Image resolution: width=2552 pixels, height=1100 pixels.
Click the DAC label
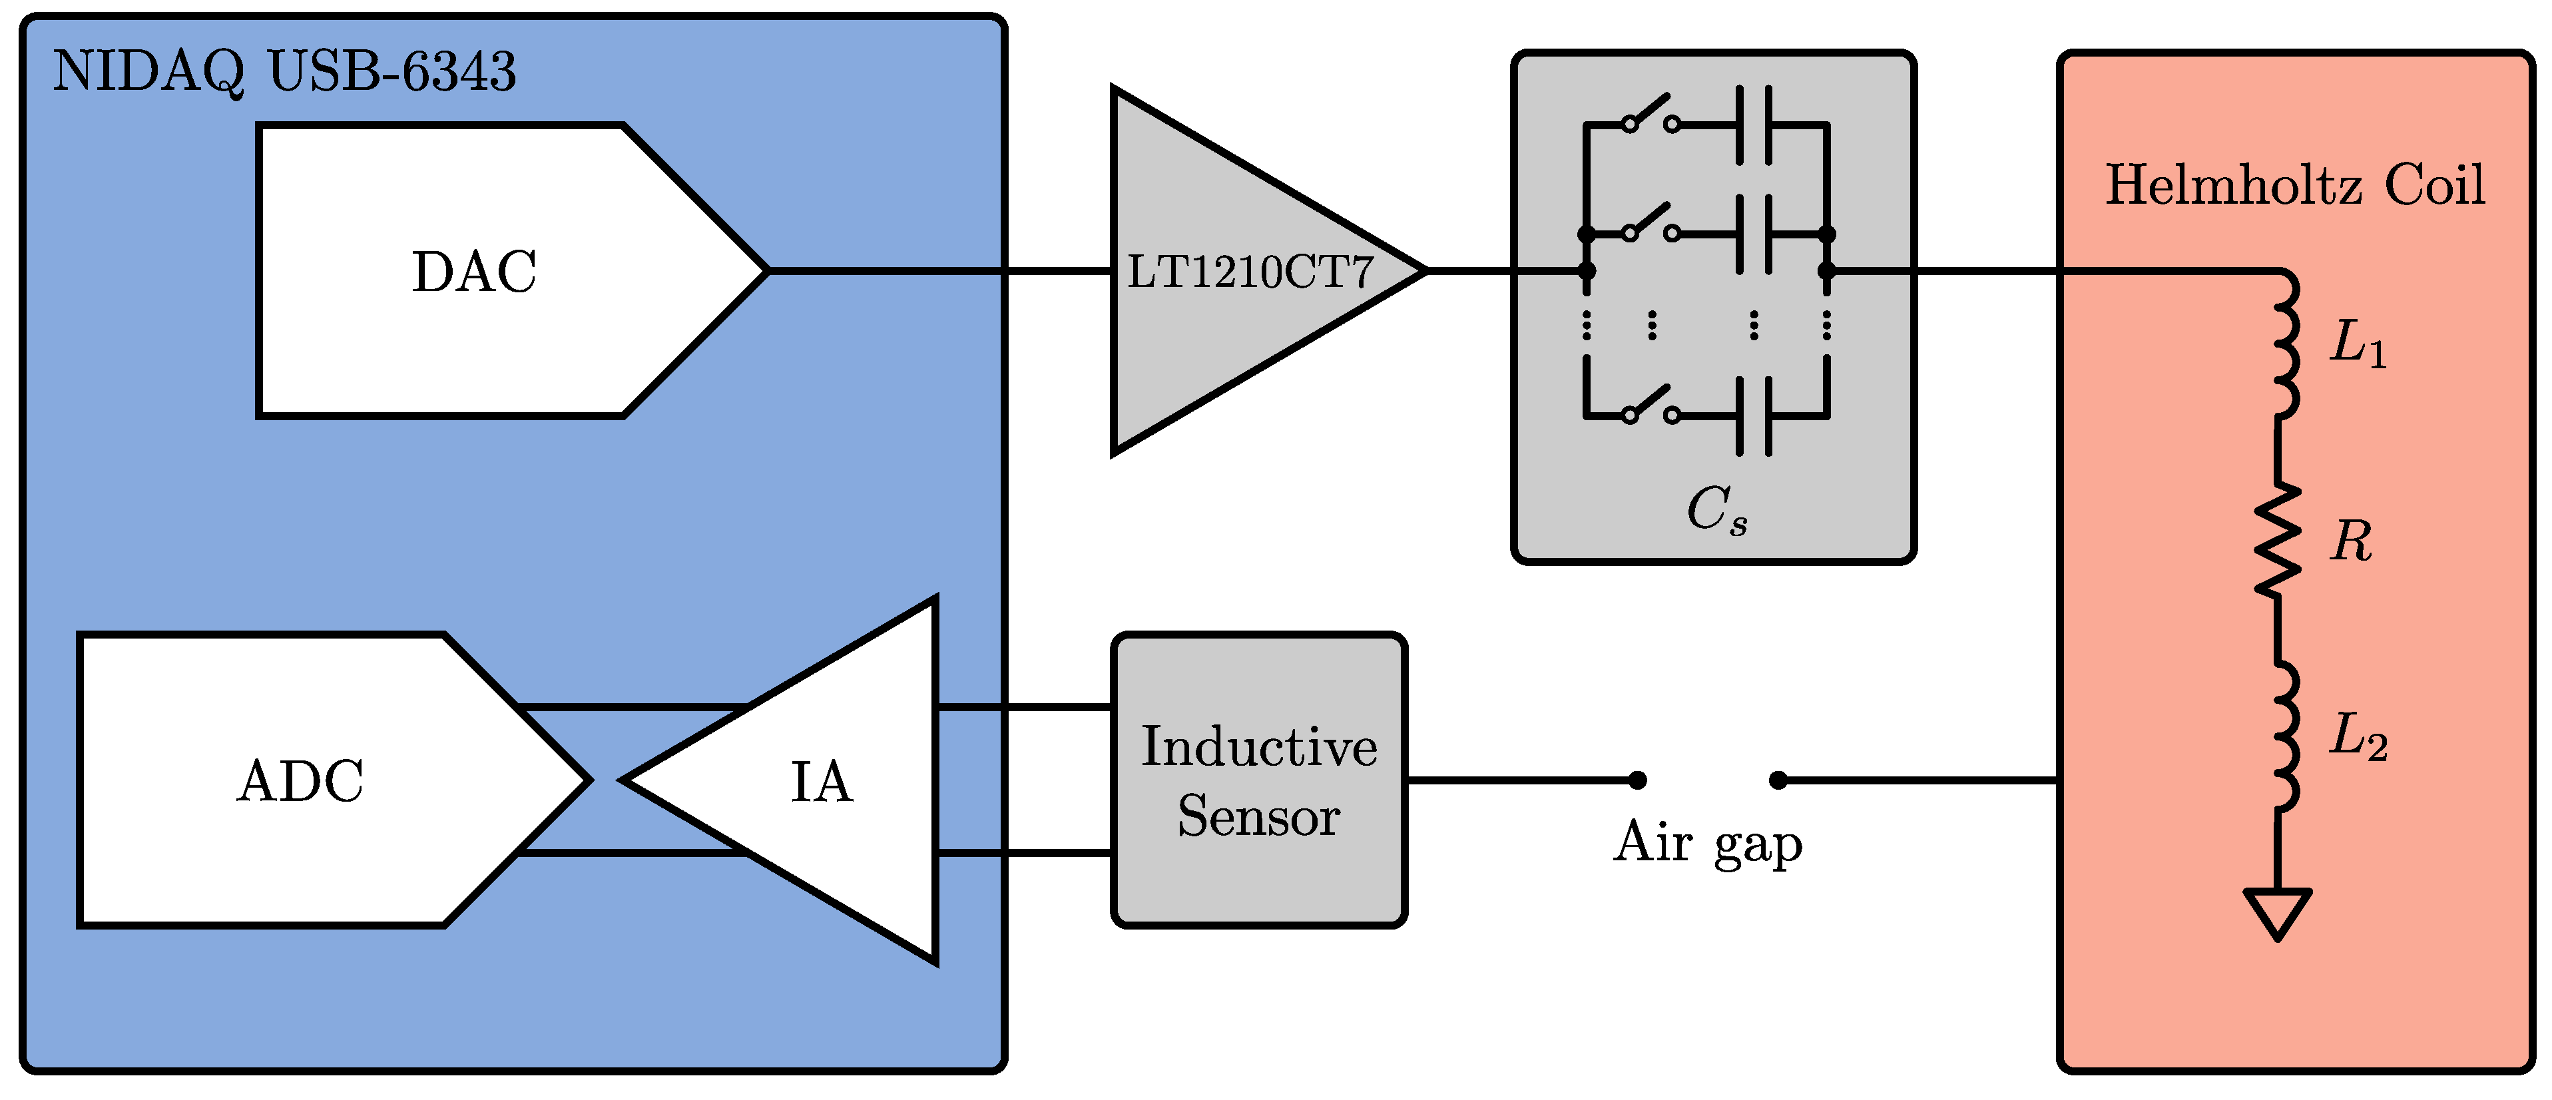coord(473,272)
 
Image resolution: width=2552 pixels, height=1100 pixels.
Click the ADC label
coord(300,781)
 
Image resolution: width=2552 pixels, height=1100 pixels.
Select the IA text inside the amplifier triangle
coord(822,782)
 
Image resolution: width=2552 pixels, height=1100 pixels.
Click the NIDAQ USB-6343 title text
coord(284,71)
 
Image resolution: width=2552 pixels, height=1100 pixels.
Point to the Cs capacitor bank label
coord(1716,510)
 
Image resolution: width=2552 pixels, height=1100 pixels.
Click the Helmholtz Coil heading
coord(2294,185)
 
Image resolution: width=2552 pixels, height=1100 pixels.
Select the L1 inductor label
coord(2358,343)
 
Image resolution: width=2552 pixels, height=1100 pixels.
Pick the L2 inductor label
coord(2358,736)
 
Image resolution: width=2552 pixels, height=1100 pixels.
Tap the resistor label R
coord(2351,541)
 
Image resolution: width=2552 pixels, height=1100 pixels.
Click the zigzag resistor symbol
coord(2278,541)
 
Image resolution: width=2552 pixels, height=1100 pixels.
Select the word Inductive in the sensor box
coord(1258,746)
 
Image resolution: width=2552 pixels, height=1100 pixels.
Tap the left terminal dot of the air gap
coord(1638,781)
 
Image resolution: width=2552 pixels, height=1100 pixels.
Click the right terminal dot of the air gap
coord(1778,781)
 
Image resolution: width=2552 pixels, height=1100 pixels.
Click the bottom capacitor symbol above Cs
coord(1754,416)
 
